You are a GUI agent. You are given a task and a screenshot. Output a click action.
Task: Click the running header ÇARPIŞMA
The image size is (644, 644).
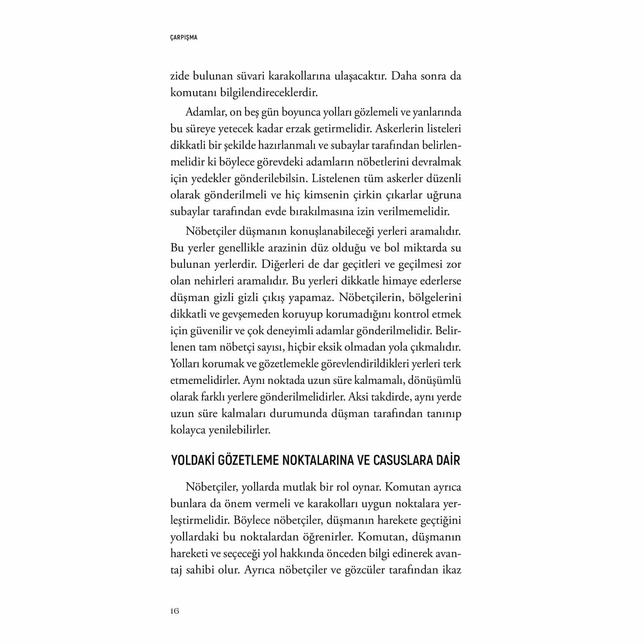point(184,38)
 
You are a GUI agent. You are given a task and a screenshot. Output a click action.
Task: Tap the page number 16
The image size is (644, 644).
point(175,611)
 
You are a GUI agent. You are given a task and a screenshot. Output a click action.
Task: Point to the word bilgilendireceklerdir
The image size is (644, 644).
point(269,93)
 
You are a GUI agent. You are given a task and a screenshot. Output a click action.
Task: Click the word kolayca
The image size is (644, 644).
point(188,430)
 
